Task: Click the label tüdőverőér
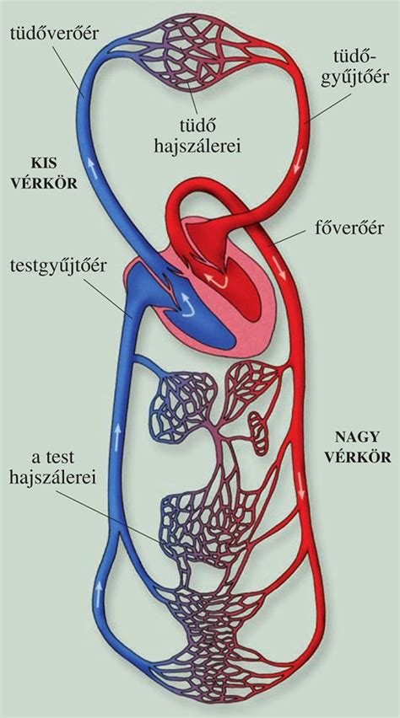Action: click(x=53, y=33)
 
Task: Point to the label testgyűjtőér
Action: click(x=58, y=267)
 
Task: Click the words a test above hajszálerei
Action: click(x=54, y=458)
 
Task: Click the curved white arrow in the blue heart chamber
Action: click(x=188, y=304)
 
